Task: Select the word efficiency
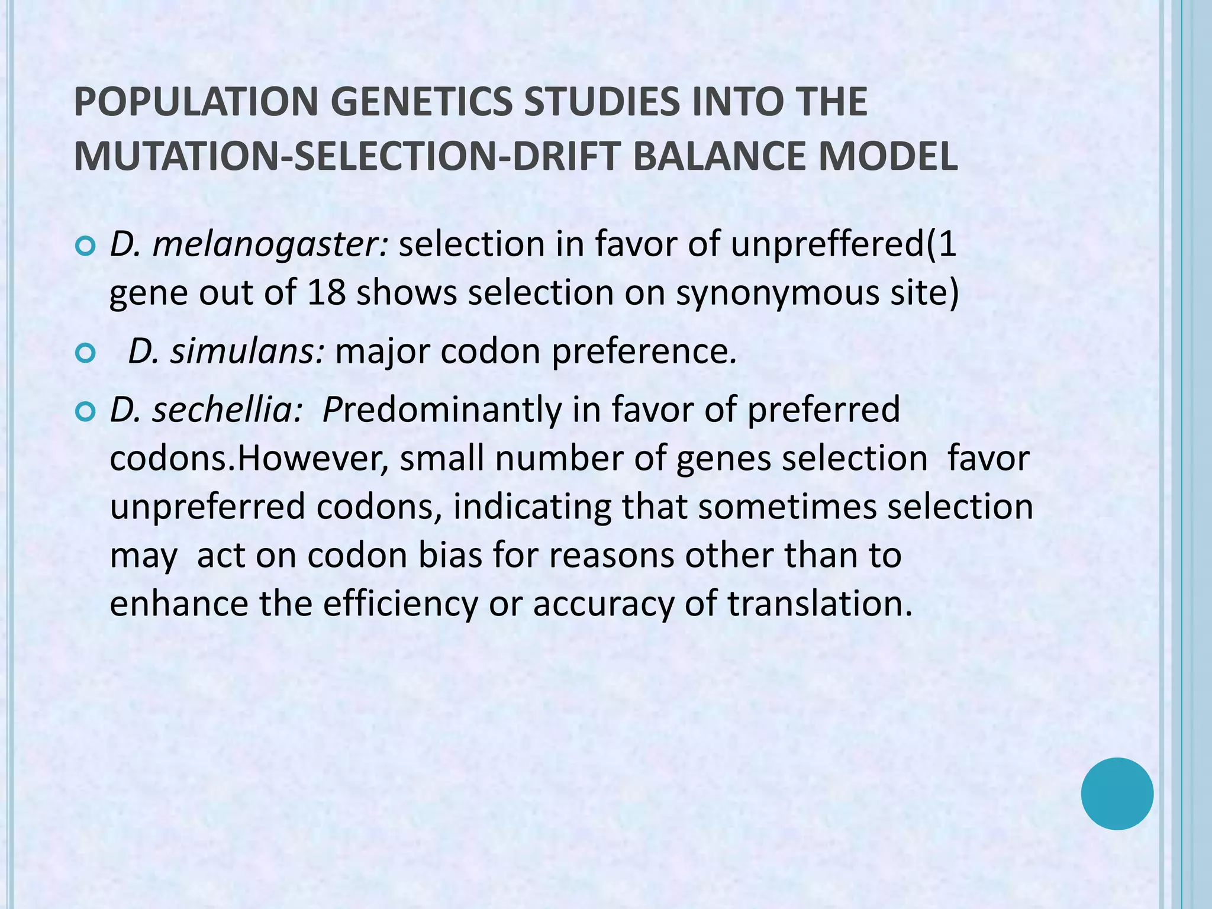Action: point(400,604)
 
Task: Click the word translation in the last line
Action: point(820,604)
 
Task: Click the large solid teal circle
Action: point(1117,794)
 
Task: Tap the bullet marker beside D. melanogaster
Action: point(86,246)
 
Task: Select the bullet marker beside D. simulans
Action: point(86,353)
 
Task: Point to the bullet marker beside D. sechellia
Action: point(86,411)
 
